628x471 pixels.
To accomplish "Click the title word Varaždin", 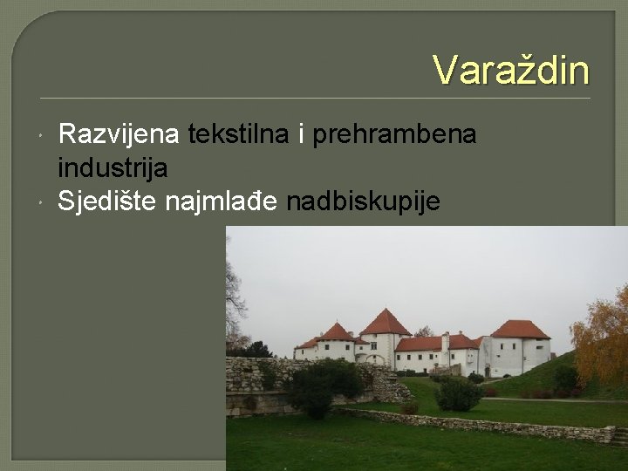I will (x=511, y=70).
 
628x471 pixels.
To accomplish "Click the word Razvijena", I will (x=119, y=134).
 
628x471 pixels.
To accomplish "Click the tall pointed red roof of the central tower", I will (x=385, y=322).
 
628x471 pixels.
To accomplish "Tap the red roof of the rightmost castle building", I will (x=520, y=330).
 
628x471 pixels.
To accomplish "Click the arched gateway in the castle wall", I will (x=378, y=358).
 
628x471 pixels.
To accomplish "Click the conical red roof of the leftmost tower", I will (x=337, y=331).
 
